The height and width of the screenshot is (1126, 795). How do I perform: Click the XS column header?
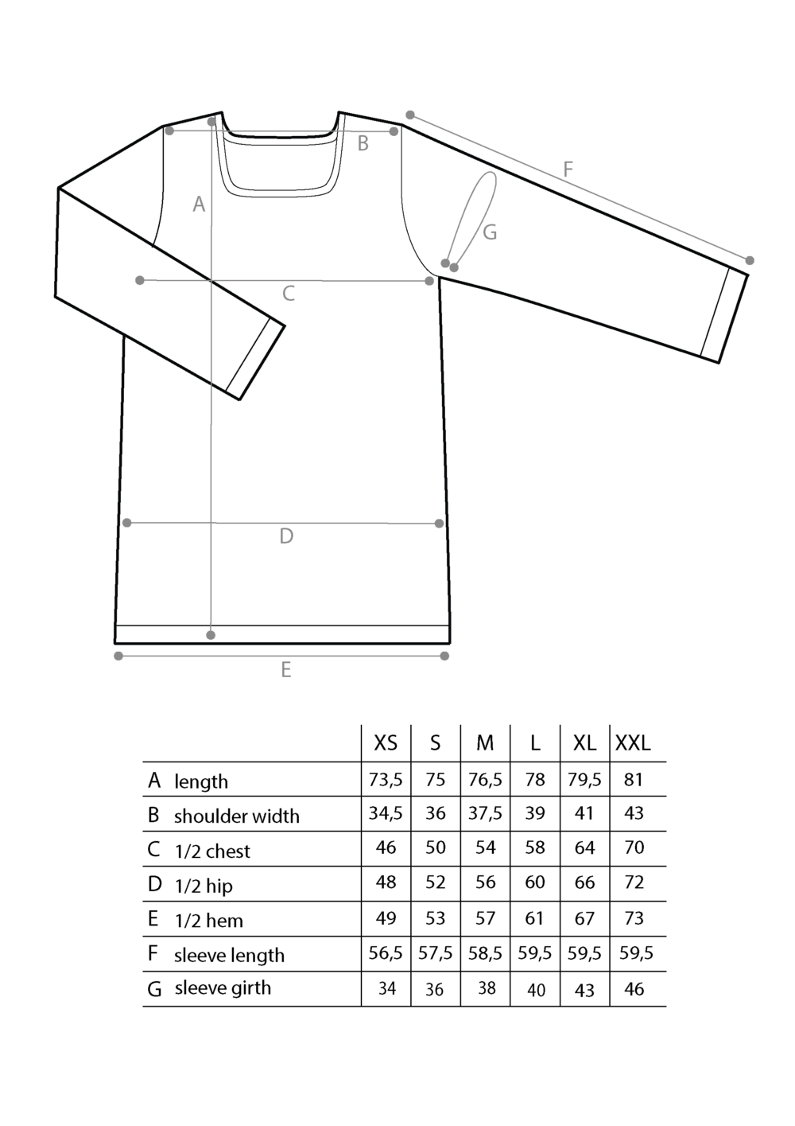tap(386, 743)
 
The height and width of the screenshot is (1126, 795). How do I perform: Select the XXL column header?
tap(633, 743)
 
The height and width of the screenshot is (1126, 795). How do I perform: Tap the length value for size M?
tap(485, 780)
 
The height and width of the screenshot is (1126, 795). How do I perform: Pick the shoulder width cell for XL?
tap(584, 813)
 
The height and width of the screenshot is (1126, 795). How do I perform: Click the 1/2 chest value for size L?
tap(535, 847)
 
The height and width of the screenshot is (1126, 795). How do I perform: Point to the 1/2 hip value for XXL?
tap(634, 882)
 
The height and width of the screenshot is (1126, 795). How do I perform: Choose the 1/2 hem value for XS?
tap(386, 918)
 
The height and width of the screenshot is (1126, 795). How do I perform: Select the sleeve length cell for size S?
tap(436, 953)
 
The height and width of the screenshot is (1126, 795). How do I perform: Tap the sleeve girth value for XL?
tap(584, 990)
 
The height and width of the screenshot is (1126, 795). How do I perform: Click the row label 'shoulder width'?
tap(237, 816)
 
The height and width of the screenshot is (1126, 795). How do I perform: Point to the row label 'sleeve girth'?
tap(223, 988)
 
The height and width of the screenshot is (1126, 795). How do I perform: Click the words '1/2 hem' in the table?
tap(209, 921)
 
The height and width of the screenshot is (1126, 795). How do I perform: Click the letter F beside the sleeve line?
tap(568, 169)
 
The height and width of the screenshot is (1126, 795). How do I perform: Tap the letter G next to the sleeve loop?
tap(490, 232)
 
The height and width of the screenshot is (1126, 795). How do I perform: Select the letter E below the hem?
tap(285, 669)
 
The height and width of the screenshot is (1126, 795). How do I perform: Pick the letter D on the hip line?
tap(286, 536)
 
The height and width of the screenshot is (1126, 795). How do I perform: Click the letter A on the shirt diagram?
tap(199, 205)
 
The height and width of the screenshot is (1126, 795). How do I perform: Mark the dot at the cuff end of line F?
tap(750, 260)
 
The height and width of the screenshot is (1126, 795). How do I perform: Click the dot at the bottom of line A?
tap(211, 635)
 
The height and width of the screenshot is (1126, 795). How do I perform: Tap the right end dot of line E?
tap(444, 656)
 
